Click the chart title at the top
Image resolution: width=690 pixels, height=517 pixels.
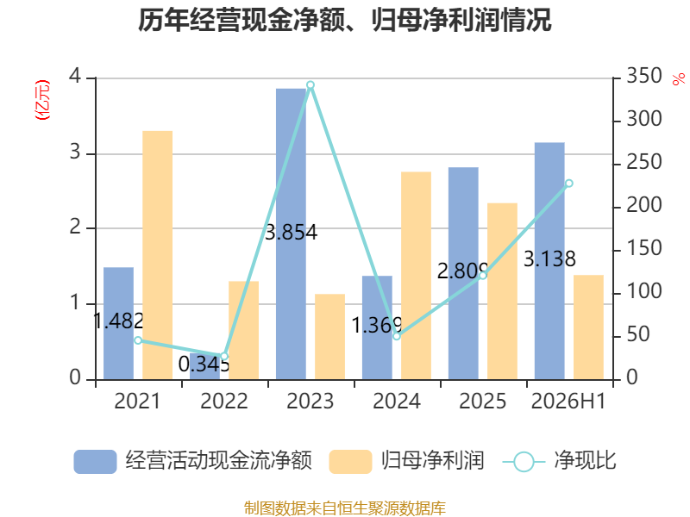pos(344,20)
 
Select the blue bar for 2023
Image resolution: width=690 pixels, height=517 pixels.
pos(291,234)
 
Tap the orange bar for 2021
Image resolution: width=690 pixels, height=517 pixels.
pos(158,255)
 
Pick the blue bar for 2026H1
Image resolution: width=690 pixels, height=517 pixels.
pos(549,261)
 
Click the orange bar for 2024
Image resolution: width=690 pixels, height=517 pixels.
pos(417,276)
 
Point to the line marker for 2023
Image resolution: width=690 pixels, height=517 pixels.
pos(310,84)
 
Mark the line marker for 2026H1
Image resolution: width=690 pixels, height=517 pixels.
pos(569,184)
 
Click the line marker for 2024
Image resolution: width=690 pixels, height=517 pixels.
pos(397,336)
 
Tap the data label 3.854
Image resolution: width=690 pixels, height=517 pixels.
pos(291,233)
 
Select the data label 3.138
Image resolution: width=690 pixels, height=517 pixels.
pos(549,258)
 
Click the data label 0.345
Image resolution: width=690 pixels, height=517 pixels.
pos(204,364)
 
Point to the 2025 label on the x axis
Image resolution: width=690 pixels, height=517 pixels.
pos(483,401)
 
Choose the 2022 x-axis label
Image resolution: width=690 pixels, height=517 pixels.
pos(224,401)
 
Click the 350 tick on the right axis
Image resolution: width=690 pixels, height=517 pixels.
pos(644,76)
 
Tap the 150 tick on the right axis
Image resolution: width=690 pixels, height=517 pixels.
pos(644,248)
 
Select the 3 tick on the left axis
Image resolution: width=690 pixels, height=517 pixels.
pos(75,153)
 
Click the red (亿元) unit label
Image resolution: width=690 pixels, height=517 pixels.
pos(42,100)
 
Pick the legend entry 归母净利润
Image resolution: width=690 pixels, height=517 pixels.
pos(406,461)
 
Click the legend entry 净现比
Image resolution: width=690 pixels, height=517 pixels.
pos(559,461)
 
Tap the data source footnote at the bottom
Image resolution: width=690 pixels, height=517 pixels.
pos(345,508)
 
